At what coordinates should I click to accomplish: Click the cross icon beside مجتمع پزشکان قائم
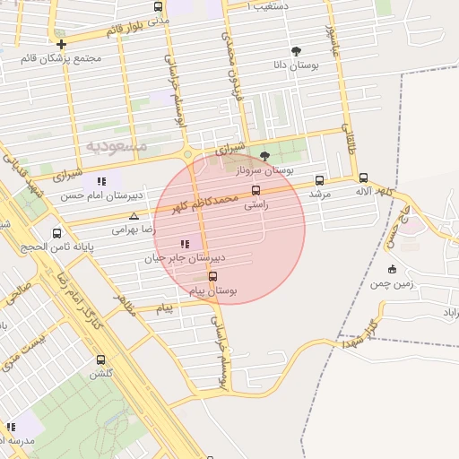pyautogui.click(x=61, y=44)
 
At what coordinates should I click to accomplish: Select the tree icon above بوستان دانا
pyautogui.click(x=297, y=51)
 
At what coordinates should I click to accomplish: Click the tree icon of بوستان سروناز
pyautogui.click(x=264, y=156)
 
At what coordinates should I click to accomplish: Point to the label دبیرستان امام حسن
pyautogui.click(x=98, y=195)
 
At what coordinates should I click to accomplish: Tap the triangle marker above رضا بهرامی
pyautogui.click(x=134, y=216)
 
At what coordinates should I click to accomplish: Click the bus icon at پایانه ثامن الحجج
pyautogui.click(x=57, y=233)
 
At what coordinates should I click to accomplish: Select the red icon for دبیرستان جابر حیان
pyautogui.click(x=185, y=244)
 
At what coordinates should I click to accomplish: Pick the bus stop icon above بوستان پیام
pyautogui.click(x=212, y=277)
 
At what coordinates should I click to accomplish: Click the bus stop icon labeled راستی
pyautogui.click(x=256, y=190)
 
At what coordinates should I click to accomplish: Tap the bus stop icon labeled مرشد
pyautogui.click(x=320, y=180)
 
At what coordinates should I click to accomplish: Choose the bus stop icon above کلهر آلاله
pyautogui.click(x=363, y=178)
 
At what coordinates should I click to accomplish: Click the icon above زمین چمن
pyautogui.click(x=392, y=269)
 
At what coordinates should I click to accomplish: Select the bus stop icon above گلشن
pyautogui.click(x=100, y=359)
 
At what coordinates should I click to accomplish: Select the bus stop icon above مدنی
pyautogui.click(x=159, y=6)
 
